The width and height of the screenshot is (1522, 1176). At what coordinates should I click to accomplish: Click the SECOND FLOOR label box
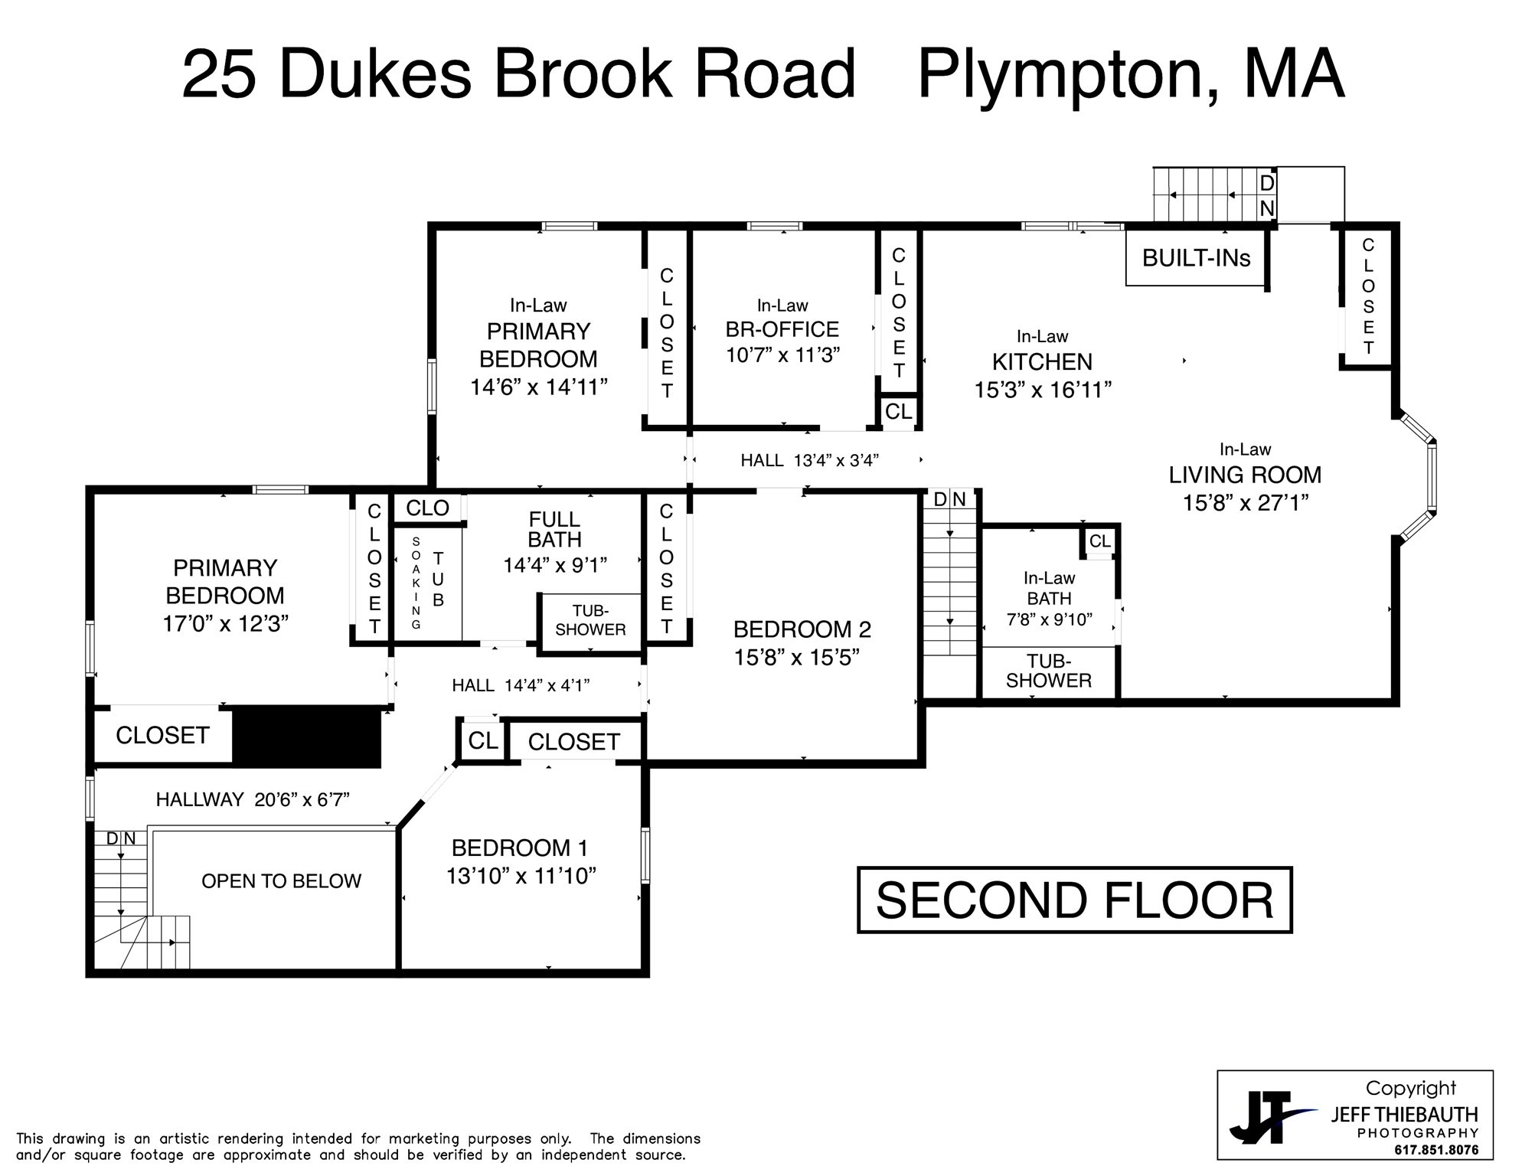(x=1074, y=900)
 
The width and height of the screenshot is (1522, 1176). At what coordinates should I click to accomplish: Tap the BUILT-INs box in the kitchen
(x=1196, y=258)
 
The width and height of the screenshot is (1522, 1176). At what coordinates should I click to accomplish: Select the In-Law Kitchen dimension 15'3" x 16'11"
(x=1043, y=390)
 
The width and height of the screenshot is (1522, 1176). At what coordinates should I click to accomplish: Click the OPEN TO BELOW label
(x=281, y=881)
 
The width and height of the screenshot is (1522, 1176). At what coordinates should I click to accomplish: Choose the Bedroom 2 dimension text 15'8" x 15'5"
(x=797, y=657)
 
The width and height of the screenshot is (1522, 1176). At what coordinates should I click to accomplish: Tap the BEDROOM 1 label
(x=520, y=848)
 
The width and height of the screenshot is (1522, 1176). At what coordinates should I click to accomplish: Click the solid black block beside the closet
(x=306, y=736)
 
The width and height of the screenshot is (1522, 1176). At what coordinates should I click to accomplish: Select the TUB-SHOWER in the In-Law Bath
(x=1048, y=671)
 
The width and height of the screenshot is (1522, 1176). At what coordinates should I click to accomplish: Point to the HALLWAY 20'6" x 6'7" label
(x=253, y=800)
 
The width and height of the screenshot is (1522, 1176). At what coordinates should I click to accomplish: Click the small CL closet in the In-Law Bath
(x=1100, y=541)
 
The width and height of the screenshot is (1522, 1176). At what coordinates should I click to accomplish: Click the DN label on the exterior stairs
(x=1267, y=196)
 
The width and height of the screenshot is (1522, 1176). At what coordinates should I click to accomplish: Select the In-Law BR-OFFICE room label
(x=782, y=330)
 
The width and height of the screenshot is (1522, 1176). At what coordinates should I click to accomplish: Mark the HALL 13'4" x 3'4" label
(x=809, y=460)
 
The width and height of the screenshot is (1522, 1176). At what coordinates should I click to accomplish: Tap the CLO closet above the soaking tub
(x=427, y=508)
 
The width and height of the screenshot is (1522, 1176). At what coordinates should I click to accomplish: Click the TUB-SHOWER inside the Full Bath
(x=590, y=620)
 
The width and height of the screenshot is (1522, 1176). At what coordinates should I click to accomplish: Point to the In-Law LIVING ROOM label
(x=1245, y=475)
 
